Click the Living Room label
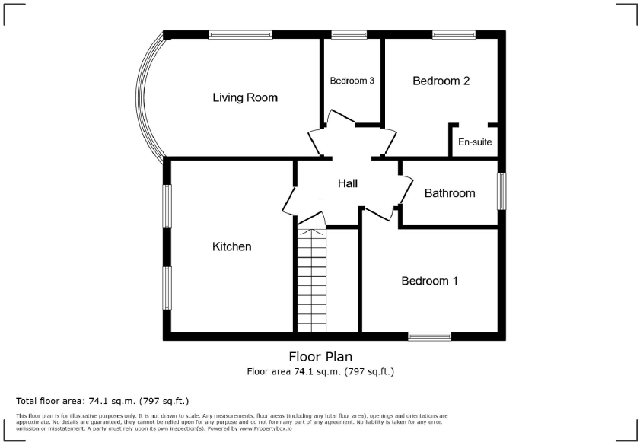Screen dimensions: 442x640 coord(245,97)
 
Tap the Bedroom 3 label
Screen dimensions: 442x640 coord(352,81)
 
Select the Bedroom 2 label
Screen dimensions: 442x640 coord(441,81)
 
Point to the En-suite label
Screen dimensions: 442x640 coord(474,142)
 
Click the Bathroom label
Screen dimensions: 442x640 coord(450,193)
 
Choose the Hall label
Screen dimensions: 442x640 coord(348,183)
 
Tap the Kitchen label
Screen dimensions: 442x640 coord(231,246)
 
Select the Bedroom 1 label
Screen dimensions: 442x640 coord(430,281)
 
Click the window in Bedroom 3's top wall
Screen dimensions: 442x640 coord(349,34)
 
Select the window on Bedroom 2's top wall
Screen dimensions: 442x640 coord(454,34)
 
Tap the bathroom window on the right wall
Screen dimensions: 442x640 coord(501,191)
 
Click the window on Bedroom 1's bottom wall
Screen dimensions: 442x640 coord(429,335)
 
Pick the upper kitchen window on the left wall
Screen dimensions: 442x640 coord(166,205)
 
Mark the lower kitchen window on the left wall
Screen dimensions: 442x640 coord(166,288)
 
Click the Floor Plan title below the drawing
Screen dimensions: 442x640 coord(320,356)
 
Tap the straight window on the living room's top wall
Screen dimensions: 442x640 coord(240,34)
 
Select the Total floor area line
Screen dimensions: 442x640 coord(102,400)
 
